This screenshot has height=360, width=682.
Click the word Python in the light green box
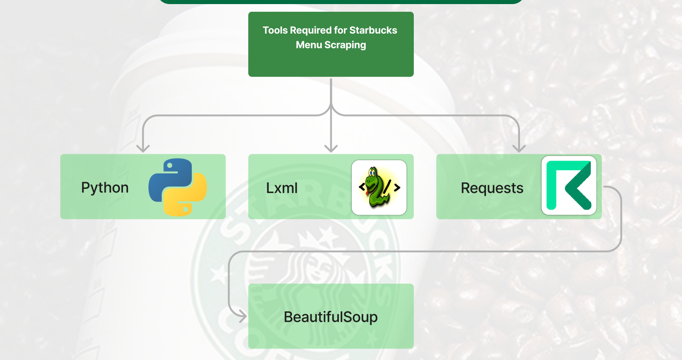point(105,187)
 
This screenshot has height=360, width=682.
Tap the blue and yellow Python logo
point(177,187)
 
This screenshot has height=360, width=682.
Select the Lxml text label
point(282,188)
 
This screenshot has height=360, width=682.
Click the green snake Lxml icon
point(379,187)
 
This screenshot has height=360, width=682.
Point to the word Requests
point(492,188)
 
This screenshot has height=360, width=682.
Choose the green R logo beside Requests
point(569,185)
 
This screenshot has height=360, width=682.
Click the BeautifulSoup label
point(331,316)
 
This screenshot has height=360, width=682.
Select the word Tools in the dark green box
point(275,30)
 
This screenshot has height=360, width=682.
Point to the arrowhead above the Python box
point(143,148)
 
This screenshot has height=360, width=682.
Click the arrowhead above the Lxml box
point(331,148)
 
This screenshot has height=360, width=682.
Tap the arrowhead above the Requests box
point(519,148)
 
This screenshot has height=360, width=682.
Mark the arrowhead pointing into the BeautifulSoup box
point(242,316)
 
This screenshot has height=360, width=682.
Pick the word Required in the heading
point(311,30)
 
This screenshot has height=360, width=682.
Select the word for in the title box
point(341,30)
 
